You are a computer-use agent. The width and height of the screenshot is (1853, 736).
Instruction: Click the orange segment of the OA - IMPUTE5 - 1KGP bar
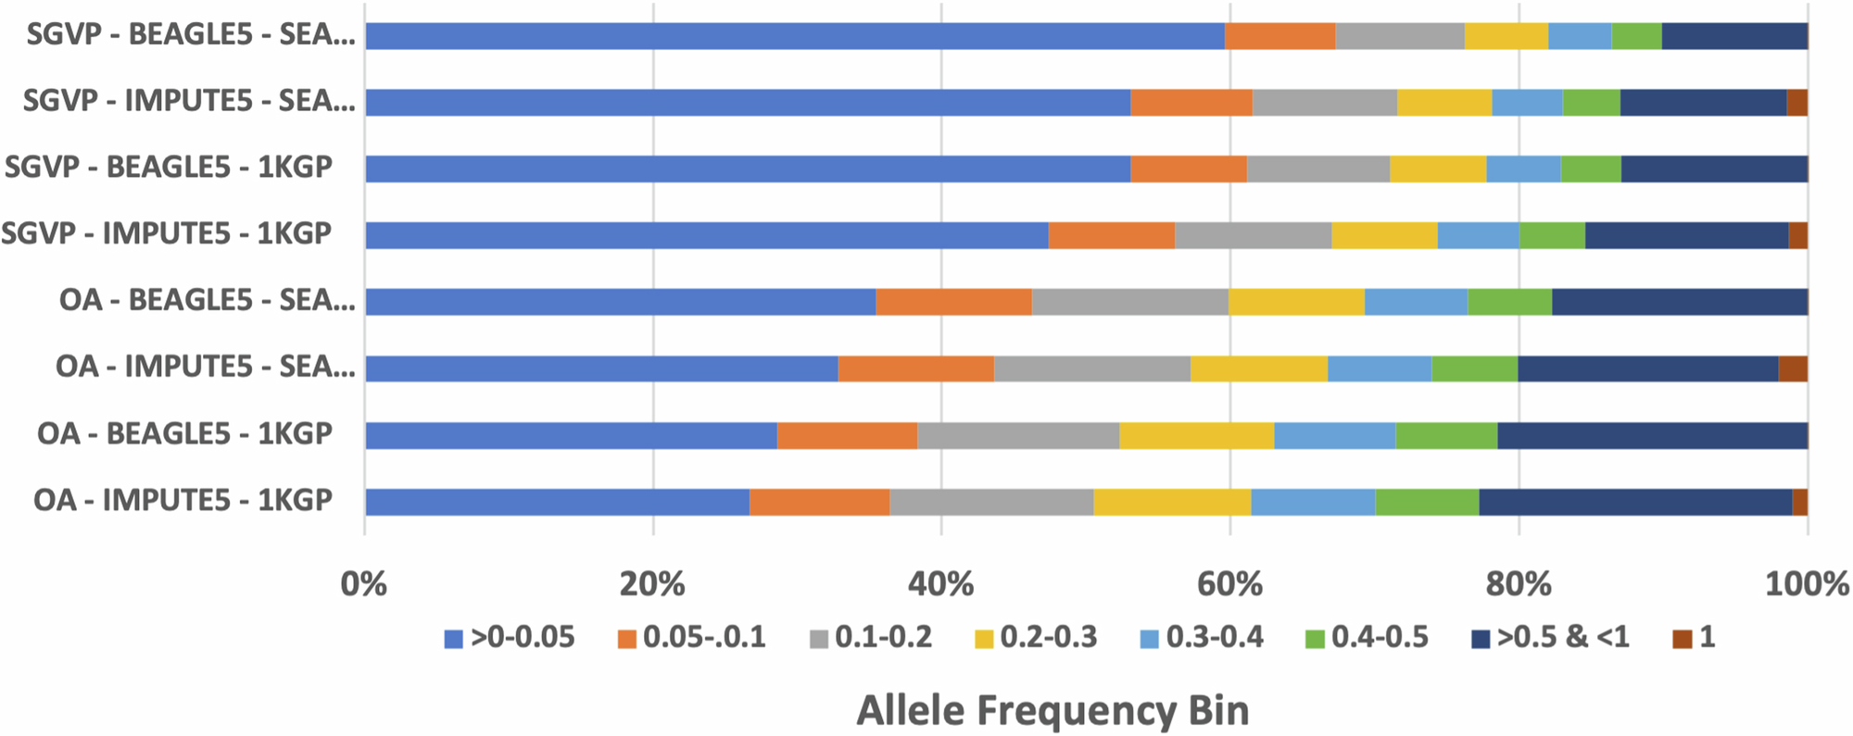(x=819, y=502)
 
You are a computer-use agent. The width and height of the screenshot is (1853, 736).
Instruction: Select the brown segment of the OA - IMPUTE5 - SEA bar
(x=1792, y=368)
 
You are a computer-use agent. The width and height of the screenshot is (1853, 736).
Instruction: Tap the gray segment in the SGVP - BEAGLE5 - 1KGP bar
(x=1317, y=169)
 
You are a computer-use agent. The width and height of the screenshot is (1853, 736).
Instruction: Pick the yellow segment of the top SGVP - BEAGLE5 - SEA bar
(x=1506, y=36)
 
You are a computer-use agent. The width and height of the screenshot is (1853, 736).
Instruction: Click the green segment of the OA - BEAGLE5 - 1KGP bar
(x=1445, y=435)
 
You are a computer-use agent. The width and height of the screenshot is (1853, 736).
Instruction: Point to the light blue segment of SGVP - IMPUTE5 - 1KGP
(x=1478, y=235)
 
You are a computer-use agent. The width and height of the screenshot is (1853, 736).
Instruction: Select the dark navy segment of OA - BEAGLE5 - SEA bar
(x=1679, y=302)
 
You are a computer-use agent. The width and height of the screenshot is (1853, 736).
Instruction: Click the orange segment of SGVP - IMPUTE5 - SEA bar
(x=1191, y=103)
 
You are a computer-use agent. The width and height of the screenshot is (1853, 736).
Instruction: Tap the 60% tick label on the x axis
(x=1229, y=584)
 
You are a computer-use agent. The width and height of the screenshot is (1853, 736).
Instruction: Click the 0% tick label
(x=364, y=584)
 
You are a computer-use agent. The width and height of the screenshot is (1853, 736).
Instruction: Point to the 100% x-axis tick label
(x=1806, y=584)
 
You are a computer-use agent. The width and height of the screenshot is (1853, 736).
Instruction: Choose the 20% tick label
(x=653, y=584)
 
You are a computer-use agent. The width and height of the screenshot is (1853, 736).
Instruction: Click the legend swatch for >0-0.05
(x=453, y=639)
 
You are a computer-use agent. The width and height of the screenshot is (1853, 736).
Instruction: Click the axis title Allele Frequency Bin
(x=1053, y=711)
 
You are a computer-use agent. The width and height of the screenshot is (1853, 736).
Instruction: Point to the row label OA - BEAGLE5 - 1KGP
(x=184, y=434)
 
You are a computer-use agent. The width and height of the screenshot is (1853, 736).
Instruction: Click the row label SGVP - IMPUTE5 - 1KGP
(x=167, y=233)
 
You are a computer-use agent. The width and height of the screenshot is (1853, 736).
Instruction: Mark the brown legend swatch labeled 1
(x=1682, y=639)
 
